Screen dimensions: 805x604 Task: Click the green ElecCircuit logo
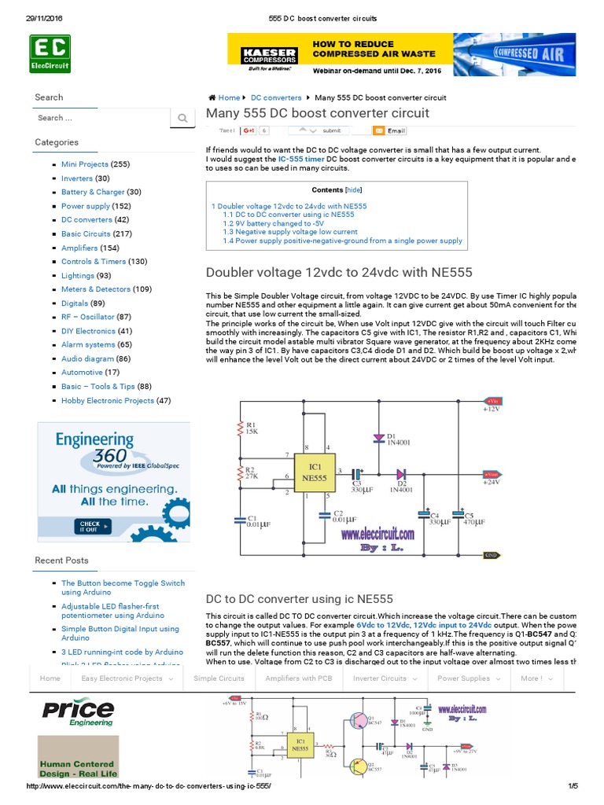coord(50,53)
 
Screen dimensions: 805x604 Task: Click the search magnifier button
coord(182,118)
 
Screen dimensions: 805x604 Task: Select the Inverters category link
coord(77,178)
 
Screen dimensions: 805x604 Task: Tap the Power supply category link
coord(86,206)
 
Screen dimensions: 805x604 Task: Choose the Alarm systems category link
coord(88,344)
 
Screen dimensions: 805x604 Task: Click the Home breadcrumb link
coord(229,97)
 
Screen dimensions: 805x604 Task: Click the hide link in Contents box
coord(354,190)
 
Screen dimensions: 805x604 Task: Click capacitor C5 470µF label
coord(473,520)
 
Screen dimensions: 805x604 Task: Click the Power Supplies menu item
coord(466,678)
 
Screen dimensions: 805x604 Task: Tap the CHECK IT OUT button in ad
coord(89,526)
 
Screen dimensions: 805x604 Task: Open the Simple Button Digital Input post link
coord(120,634)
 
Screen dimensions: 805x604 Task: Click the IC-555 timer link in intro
coord(304,159)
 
